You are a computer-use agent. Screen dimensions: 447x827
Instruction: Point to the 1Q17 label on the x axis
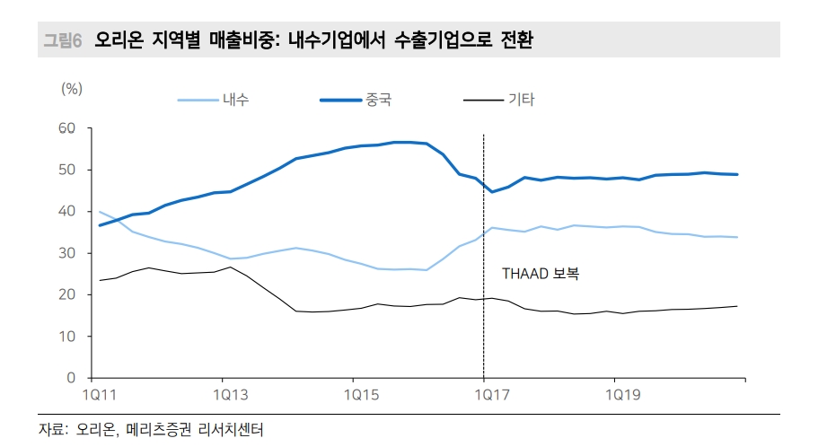(484, 394)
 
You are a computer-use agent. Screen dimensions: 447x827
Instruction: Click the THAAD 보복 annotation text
(540, 274)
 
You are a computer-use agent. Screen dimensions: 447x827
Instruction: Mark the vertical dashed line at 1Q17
(484, 224)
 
